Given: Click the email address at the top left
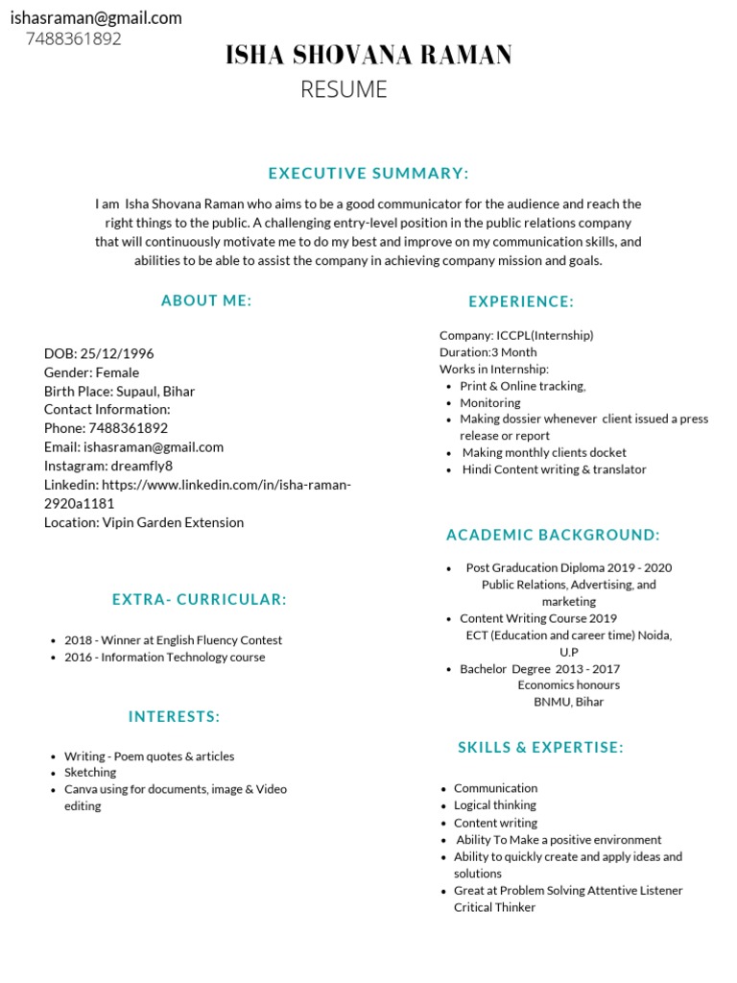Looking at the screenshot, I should point(96,18).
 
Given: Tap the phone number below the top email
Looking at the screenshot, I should point(74,39).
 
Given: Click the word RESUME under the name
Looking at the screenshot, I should point(344,89).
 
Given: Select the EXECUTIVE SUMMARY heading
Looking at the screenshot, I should point(368,174).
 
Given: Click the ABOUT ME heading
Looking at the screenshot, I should point(206,300).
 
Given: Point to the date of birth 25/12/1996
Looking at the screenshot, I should point(117,353).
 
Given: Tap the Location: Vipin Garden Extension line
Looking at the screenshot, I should point(144,522).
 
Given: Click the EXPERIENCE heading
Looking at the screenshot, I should point(521,301).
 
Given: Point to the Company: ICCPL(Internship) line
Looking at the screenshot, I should point(516,335).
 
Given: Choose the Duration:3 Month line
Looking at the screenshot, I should point(487,352).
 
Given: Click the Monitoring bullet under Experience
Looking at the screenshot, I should point(489,403).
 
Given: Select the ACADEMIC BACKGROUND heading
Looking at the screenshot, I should point(553,535).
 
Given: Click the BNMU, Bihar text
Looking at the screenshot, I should point(569,702).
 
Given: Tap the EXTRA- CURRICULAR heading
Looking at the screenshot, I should point(200,600).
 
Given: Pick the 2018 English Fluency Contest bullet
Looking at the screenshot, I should point(173,640).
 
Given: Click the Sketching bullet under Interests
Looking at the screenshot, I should point(90,772).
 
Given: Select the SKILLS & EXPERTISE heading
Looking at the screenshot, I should point(540,748).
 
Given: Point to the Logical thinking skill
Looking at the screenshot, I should point(495,805).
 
